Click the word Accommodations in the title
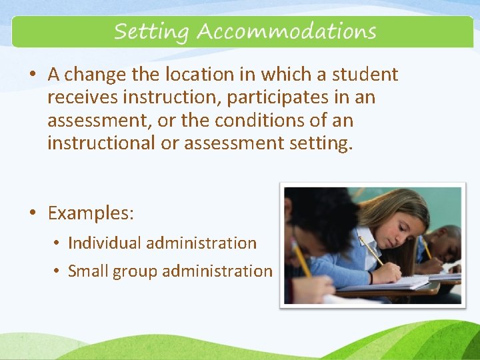[x=286, y=31]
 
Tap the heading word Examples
[x=91, y=214]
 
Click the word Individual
[x=104, y=243]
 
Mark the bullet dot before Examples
[x=31, y=213]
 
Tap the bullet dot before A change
[x=31, y=75]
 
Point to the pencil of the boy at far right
[x=425, y=248]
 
